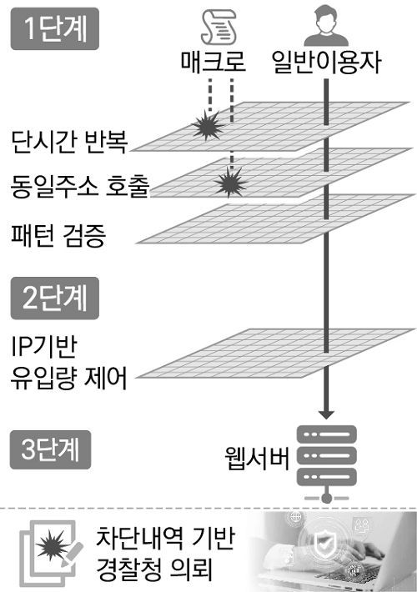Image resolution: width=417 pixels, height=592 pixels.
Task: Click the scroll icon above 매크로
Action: click(x=219, y=27)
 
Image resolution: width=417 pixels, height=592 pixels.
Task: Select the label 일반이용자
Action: click(x=327, y=63)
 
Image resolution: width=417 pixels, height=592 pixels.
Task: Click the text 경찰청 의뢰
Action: click(x=155, y=572)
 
